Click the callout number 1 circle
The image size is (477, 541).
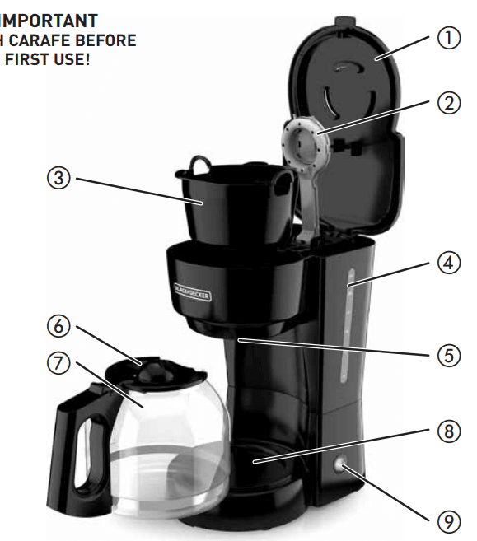tap(448, 40)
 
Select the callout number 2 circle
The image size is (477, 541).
tap(448, 104)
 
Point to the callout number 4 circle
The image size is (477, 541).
tap(448, 265)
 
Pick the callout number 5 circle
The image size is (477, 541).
tap(448, 355)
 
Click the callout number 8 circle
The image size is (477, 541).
tap(448, 431)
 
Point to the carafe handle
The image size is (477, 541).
tap(78, 445)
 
